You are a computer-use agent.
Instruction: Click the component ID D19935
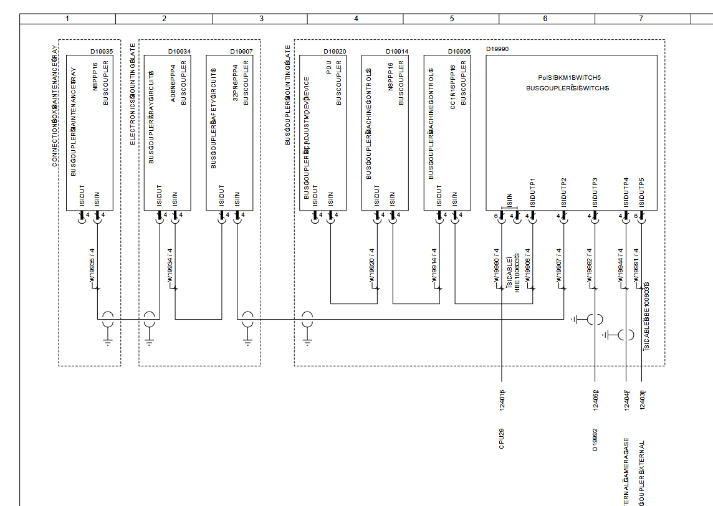(x=102, y=52)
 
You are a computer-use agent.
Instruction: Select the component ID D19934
(x=179, y=52)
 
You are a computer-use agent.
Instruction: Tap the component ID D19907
(x=241, y=52)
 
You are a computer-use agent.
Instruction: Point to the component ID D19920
(x=335, y=52)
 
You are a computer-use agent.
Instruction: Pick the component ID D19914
(x=397, y=52)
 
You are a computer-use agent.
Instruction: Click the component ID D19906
(x=459, y=52)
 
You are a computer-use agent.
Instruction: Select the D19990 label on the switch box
(x=497, y=48)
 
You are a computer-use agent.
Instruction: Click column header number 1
(x=67, y=19)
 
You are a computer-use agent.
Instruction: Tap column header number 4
(x=356, y=19)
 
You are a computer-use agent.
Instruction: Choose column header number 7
(x=641, y=19)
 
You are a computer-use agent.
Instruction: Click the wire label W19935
(x=92, y=266)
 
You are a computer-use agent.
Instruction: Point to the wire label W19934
(x=170, y=266)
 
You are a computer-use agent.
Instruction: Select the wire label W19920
(x=373, y=266)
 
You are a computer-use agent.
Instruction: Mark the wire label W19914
(x=435, y=266)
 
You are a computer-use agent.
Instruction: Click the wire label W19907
(x=559, y=266)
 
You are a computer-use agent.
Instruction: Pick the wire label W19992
(x=590, y=266)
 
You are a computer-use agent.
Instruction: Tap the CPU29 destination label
(x=502, y=439)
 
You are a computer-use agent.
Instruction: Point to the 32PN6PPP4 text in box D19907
(x=236, y=84)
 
